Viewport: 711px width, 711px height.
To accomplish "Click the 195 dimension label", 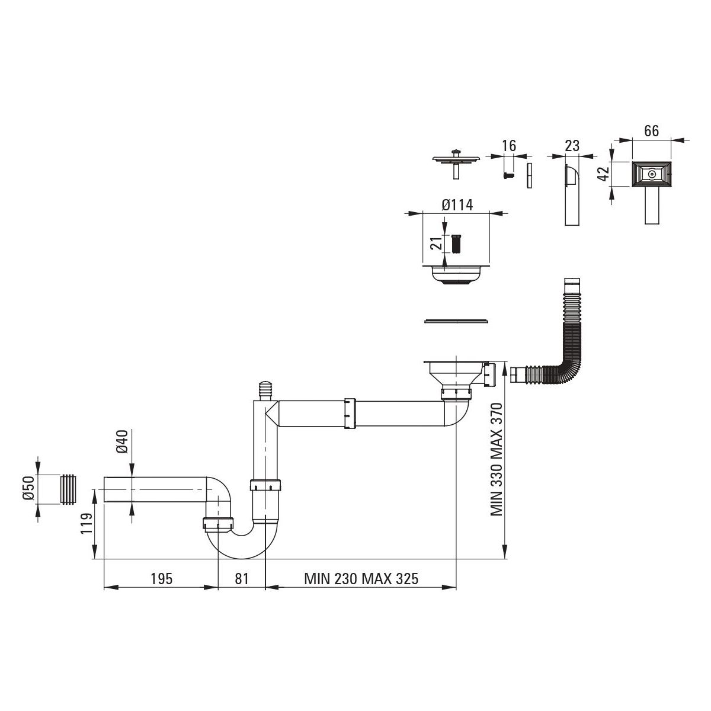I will [161, 579].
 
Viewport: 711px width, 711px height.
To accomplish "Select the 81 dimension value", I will [241, 579].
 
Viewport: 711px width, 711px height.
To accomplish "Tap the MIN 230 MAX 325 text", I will [361, 579].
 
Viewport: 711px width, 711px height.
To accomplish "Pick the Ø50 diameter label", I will [27, 489].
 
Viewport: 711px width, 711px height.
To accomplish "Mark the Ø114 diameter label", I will [457, 205].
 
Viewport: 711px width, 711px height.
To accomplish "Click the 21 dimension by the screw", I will [434, 244].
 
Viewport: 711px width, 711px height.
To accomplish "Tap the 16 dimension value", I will [508, 146].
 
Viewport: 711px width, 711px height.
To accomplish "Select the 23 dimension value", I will [572, 146].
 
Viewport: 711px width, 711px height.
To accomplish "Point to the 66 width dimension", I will [651, 132].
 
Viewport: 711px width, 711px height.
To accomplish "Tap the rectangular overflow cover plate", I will [651, 175].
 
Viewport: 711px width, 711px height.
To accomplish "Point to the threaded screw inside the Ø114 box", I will [456, 243].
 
